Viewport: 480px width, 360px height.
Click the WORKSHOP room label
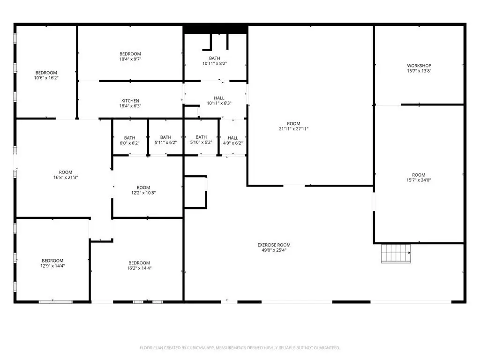419,66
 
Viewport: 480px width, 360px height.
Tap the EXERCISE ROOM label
274,245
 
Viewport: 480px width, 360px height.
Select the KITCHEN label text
130,101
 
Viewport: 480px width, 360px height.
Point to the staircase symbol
396,253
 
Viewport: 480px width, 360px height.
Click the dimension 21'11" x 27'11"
293,129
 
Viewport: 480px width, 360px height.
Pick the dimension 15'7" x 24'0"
419,180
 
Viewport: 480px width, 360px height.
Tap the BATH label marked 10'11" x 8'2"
214,58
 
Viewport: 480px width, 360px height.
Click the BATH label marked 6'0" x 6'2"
129,138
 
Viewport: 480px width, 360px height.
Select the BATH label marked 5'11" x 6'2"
165,137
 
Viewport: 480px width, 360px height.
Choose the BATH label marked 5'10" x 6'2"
201,137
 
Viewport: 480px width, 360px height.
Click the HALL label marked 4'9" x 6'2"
232,138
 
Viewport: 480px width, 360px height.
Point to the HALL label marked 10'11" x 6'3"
219,98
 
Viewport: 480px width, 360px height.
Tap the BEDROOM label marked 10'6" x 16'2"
46,73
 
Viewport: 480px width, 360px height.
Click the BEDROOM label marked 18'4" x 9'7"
130,54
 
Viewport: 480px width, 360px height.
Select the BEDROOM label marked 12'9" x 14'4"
52,261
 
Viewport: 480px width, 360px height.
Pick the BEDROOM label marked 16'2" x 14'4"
139,263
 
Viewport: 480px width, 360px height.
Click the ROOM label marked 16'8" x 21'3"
66,172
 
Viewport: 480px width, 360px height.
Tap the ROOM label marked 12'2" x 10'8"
143,187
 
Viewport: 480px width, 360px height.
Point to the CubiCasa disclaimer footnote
240,348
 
